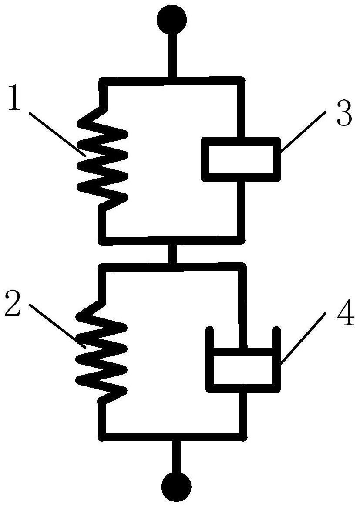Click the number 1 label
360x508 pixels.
(x=14, y=98)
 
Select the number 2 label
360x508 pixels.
(x=13, y=304)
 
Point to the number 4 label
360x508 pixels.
(x=346, y=314)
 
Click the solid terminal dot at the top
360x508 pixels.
(x=172, y=20)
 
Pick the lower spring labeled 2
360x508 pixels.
(x=101, y=350)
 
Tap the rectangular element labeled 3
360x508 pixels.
(x=241, y=159)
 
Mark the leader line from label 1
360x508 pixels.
(x=57, y=135)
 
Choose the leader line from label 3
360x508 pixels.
(x=303, y=131)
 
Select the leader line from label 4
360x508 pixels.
(x=303, y=339)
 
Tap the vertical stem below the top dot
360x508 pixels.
(x=172, y=55)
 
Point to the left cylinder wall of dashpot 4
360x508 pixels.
(x=210, y=359)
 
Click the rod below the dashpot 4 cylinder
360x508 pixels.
(x=243, y=412)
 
